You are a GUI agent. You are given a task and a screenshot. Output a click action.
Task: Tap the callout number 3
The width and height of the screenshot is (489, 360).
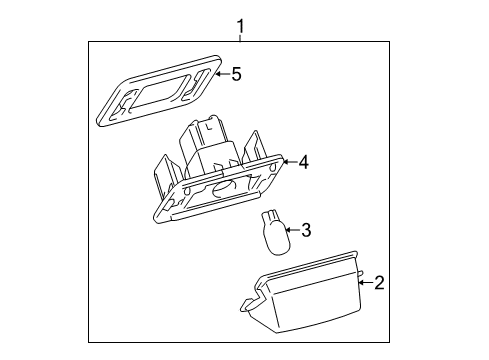pyautogui.click(x=306, y=231)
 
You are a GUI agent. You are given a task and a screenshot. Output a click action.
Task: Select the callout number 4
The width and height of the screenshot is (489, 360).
pyautogui.click(x=302, y=160)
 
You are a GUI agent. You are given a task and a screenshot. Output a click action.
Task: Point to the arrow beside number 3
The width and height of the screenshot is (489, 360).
pyautogui.click(x=291, y=231)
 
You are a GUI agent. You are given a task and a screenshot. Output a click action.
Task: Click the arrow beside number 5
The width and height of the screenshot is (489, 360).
pyautogui.click(x=220, y=73)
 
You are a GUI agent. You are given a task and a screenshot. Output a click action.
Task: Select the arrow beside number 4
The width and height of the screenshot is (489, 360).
pyautogui.click(x=288, y=160)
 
